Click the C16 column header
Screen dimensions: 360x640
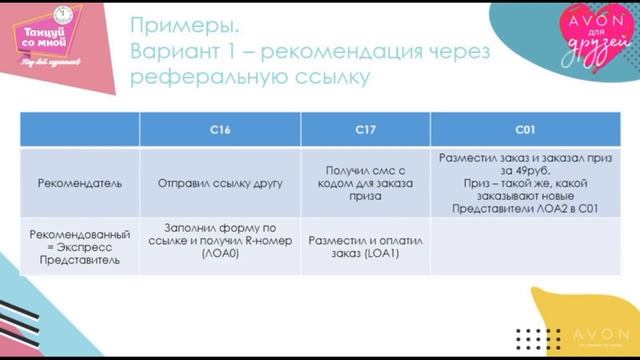(x=220, y=131)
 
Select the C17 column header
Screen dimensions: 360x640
(x=365, y=131)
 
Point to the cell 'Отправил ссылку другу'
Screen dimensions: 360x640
(x=220, y=184)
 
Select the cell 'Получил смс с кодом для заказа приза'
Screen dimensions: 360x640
(x=365, y=184)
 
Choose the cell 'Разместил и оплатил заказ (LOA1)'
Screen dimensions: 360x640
(x=365, y=246)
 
